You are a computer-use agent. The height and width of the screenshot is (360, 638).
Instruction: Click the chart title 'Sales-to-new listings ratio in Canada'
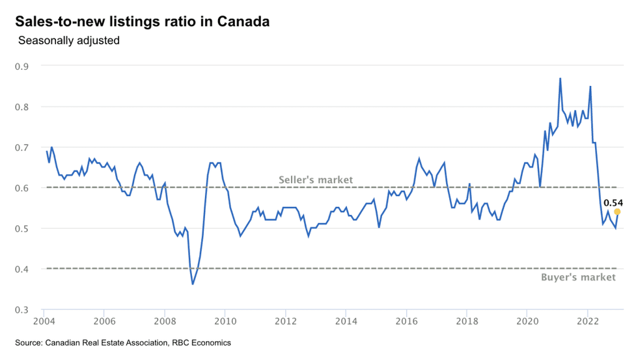click(142, 21)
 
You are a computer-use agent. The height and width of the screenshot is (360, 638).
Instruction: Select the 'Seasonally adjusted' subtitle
click(69, 40)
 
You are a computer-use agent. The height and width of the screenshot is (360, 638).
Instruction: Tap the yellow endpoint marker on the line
click(617, 212)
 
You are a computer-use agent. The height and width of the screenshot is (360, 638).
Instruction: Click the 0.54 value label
click(613, 202)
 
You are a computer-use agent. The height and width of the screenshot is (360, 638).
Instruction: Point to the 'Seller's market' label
click(316, 180)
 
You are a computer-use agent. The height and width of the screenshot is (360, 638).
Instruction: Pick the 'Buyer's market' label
click(578, 277)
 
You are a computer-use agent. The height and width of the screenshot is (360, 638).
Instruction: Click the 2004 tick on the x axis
click(44, 321)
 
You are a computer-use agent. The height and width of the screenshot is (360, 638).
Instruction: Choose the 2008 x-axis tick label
click(165, 321)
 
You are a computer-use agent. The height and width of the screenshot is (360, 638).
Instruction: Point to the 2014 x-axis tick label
click(346, 321)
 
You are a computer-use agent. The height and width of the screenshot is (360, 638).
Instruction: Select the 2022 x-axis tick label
click(588, 321)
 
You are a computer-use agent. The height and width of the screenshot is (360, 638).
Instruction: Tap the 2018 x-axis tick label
click(467, 321)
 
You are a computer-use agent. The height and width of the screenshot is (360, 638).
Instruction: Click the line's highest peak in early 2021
click(560, 79)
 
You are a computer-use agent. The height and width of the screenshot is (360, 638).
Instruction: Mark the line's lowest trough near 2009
click(193, 284)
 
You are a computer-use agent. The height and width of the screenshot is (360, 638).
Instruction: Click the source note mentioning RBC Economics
click(123, 342)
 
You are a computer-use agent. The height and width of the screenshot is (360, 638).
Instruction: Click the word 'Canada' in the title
click(245, 21)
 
